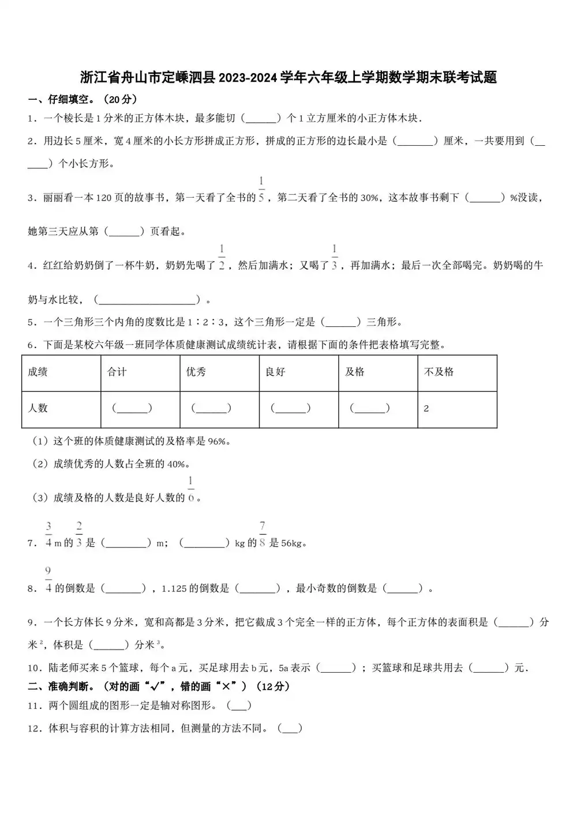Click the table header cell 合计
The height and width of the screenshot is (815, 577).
pyautogui.click(x=117, y=372)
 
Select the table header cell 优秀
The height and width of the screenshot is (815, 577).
pyautogui.click(x=196, y=372)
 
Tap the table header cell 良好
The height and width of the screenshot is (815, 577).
pyautogui.click(x=275, y=372)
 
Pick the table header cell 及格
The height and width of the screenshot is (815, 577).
pyautogui.click(x=354, y=372)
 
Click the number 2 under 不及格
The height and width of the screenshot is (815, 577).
pyautogui.click(x=426, y=409)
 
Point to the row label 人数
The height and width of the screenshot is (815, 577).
pyautogui.click(x=38, y=408)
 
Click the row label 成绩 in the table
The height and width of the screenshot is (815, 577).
pyautogui.click(x=38, y=372)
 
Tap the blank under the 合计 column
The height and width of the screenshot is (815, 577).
pyautogui.click(x=132, y=408)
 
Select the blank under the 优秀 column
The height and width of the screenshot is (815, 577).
pyautogui.click(x=211, y=408)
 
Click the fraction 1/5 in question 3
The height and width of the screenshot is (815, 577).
pyautogui.click(x=261, y=190)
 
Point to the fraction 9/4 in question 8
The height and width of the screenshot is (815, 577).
pyautogui.click(x=48, y=580)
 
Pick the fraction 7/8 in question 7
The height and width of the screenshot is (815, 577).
pyautogui.click(x=263, y=534)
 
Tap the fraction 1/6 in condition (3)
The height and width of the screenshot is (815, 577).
pyautogui.click(x=191, y=489)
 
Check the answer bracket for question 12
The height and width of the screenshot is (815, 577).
pyautogui.click(x=290, y=729)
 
